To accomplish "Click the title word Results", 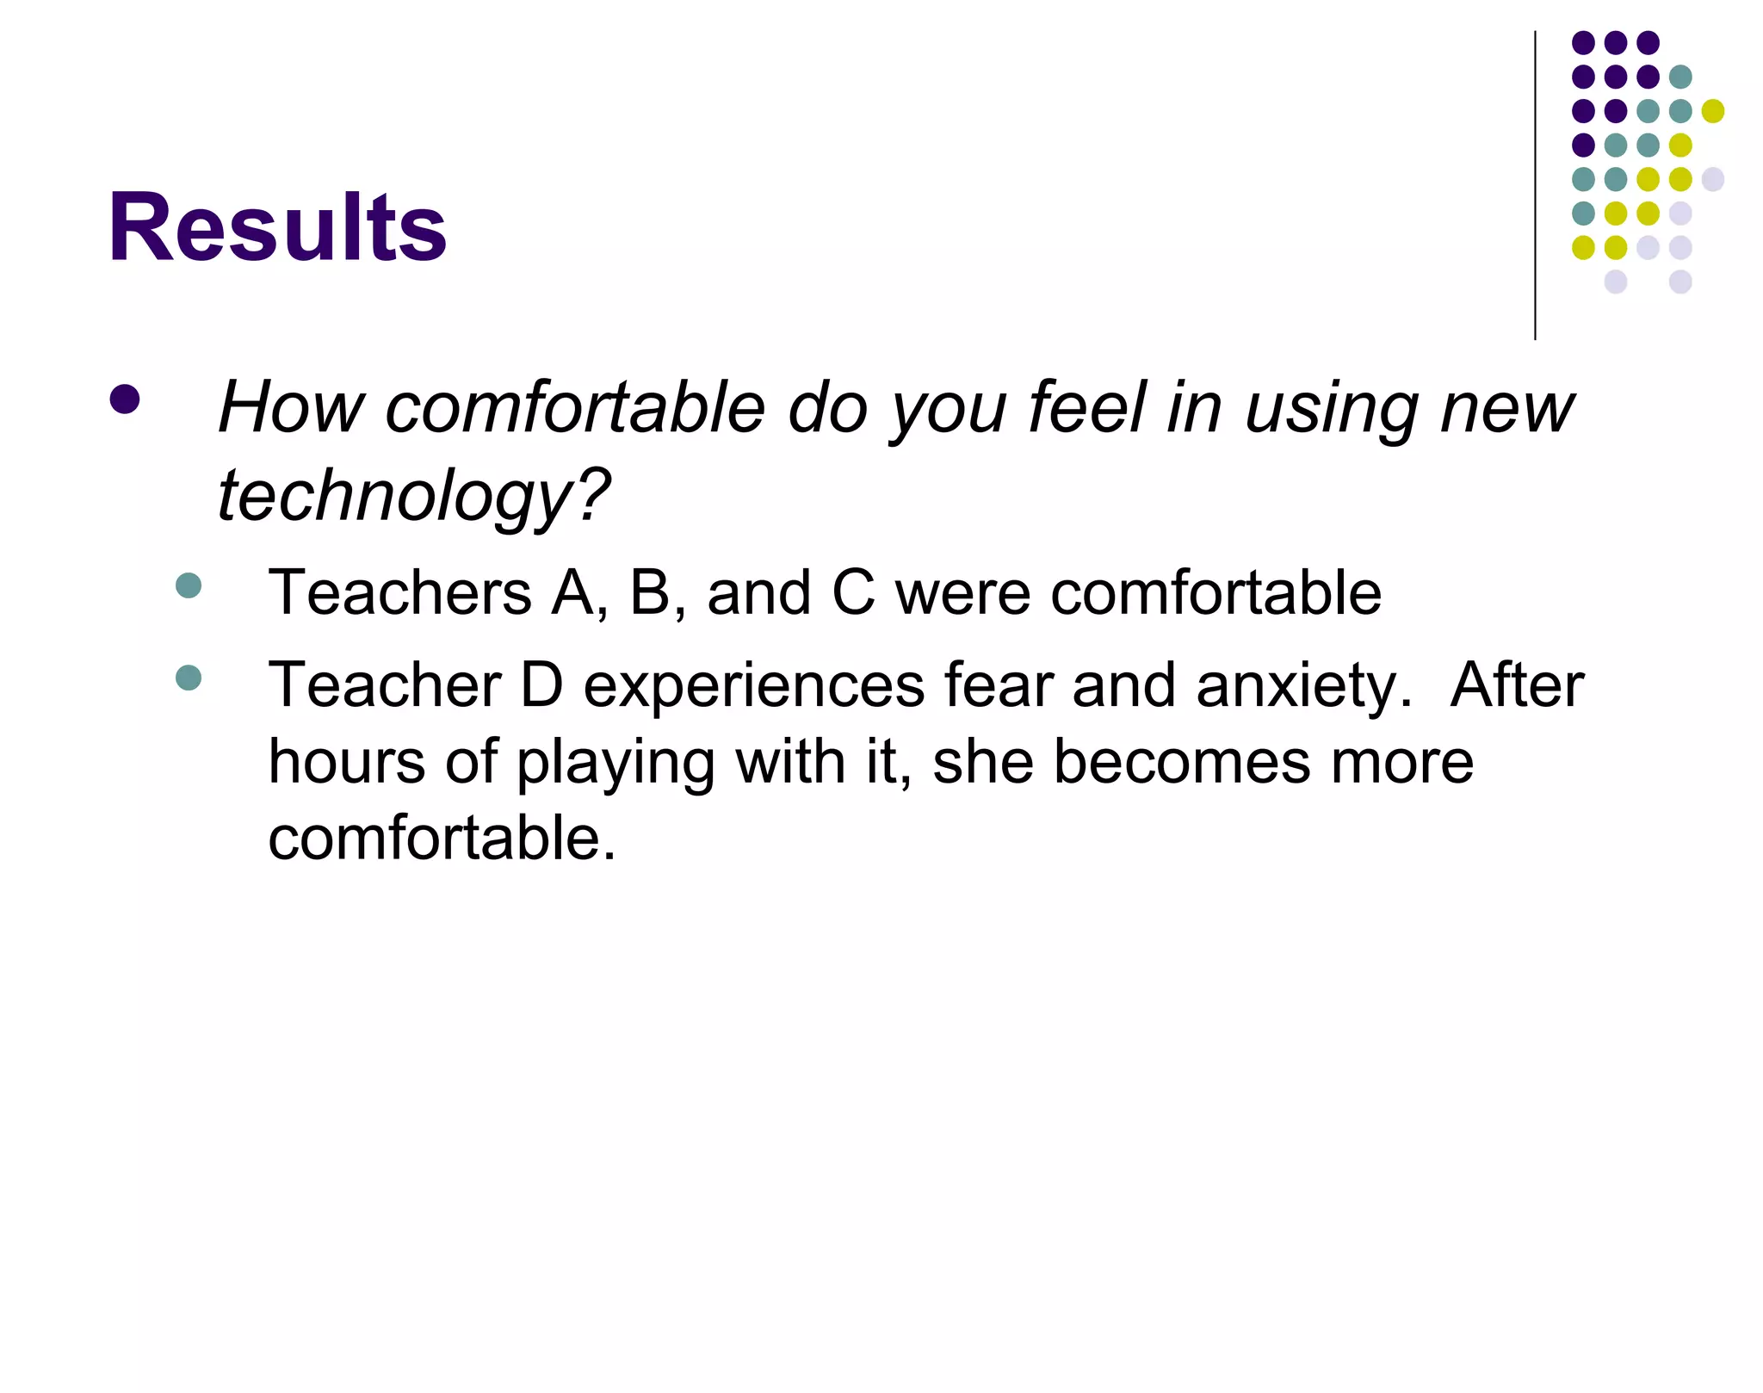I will coord(277,228).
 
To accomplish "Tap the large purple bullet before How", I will coord(125,399).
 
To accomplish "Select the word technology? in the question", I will coord(413,497).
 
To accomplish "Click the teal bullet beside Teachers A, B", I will coord(188,586).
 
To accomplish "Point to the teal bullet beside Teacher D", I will coord(188,678).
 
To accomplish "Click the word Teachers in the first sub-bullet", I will coord(400,593).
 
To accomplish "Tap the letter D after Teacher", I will coord(541,685).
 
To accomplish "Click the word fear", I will coord(998,685).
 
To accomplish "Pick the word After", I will coord(1517,685).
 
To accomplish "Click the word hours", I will coord(346,762).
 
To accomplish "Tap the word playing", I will coord(616,764).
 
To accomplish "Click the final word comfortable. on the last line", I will coord(442,839).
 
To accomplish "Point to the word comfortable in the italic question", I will coord(575,407).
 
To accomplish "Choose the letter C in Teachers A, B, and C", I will coord(853,593).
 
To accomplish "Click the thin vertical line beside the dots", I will coord(1535,185).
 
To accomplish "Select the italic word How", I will coord(292,407).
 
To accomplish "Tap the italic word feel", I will coord(1086,407).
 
